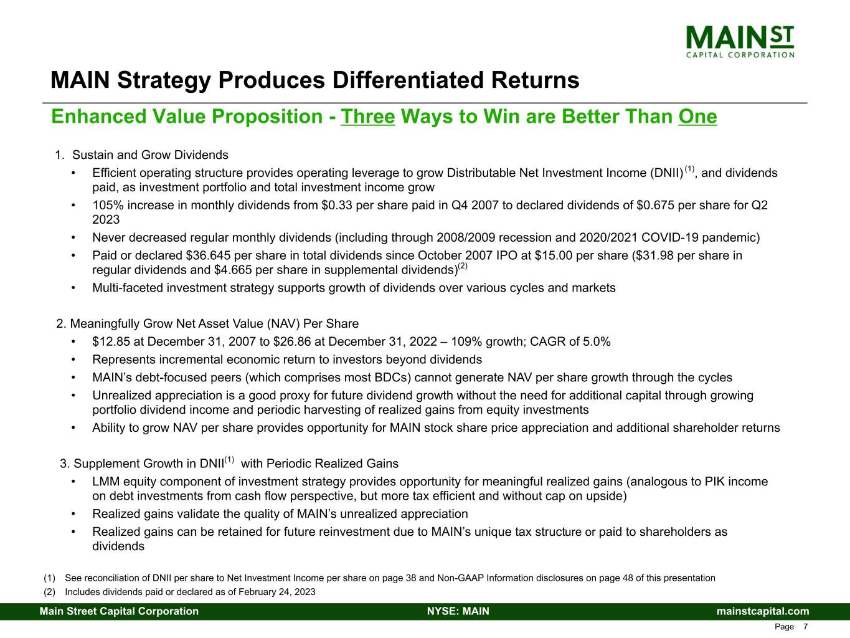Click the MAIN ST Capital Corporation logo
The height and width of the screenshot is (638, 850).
(x=740, y=40)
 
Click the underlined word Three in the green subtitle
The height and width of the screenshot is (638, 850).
(x=368, y=117)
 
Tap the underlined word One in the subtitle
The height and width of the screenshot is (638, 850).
(x=697, y=117)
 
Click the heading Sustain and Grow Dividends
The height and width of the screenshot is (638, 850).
(x=150, y=155)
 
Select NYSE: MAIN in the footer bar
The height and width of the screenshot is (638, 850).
(x=458, y=611)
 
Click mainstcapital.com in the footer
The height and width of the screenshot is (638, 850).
(x=763, y=611)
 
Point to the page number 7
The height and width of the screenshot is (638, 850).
(x=806, y=627)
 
